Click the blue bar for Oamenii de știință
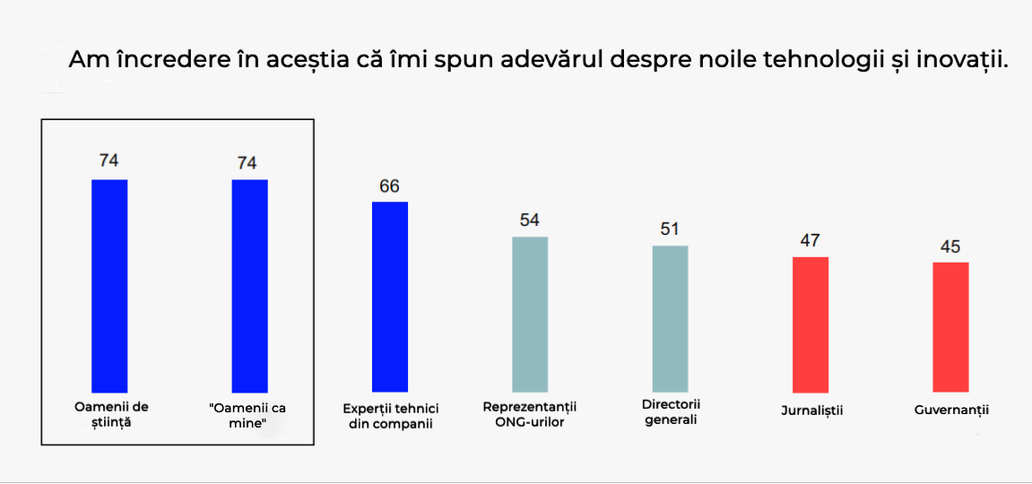(109, 285)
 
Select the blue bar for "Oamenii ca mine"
(249, 285)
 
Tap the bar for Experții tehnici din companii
(390, 297)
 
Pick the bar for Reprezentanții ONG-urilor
(530, 314)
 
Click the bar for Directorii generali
(670, 318)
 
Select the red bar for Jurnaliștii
(811, 324)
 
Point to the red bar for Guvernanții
(950, 326)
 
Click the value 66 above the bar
(389, 186)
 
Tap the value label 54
(530, 220)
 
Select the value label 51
(670, 229)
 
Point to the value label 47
(811, 240)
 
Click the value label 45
(950, 246)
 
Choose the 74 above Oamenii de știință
(109, 161)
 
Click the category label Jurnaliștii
(811, 411)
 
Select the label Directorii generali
(671, 411)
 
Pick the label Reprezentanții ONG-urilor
(530, 414)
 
